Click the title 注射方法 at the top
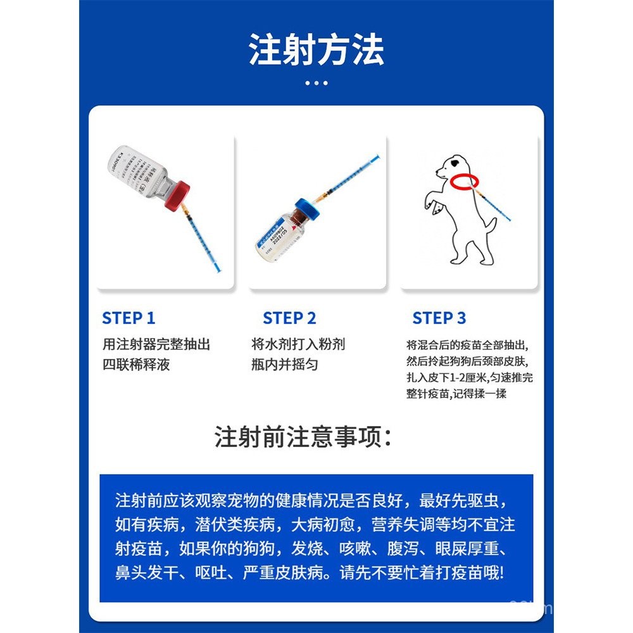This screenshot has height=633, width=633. [316, 51]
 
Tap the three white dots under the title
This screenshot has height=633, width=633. [316, 82]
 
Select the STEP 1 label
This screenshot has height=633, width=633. [128, 318]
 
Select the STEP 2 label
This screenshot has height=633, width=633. [289, 318]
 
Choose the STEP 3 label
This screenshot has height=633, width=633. [439, 318]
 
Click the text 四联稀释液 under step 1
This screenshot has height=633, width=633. [136, 365]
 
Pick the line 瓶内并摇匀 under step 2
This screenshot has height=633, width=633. [284, 365]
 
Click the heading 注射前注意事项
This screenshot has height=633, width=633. [303, 438]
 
